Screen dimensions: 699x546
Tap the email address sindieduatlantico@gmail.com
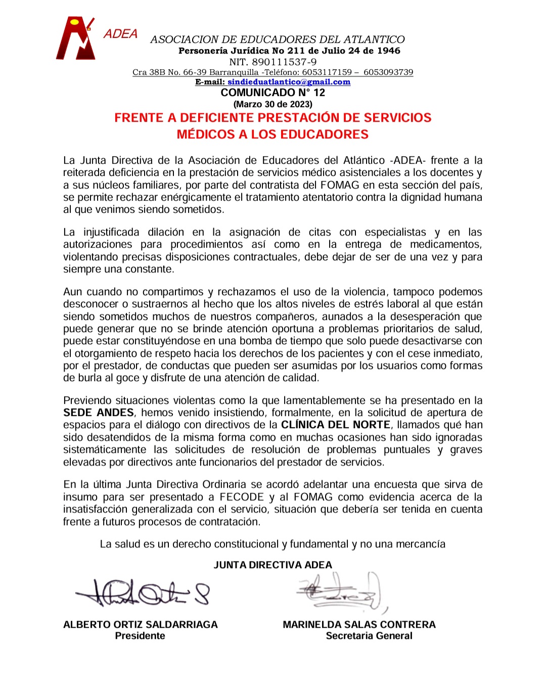pyautogui.click(x=289, y=82)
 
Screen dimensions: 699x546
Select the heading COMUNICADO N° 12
pyautogui.click(x=272, y=92)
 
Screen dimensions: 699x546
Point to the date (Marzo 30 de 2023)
pyautogui.click(x=272, y=104)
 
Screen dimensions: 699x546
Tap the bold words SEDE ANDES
pyautogui.click(x=99, y=412)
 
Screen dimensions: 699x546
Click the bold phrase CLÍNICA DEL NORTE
pyautogui.click(x=336, y=425)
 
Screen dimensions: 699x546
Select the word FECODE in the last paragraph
pyautogui.click(x=242, y=497)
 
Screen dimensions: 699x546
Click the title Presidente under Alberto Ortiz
pyautogui.click(x=140, y=636)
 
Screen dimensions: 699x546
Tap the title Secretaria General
pyautogui.click(x=369, y=636)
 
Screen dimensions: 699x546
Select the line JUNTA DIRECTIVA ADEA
pyautogui.click(x=272, y=565)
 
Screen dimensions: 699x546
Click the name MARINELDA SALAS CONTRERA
pyautogui.click(x=359, y=624)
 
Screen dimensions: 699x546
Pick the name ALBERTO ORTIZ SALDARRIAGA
pyautogui.click(x=141, y=624)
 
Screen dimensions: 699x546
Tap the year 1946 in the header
pyautogui.click(x=388, y=51)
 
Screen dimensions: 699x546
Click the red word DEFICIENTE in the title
pyautogui.click(x=218, y=118)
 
